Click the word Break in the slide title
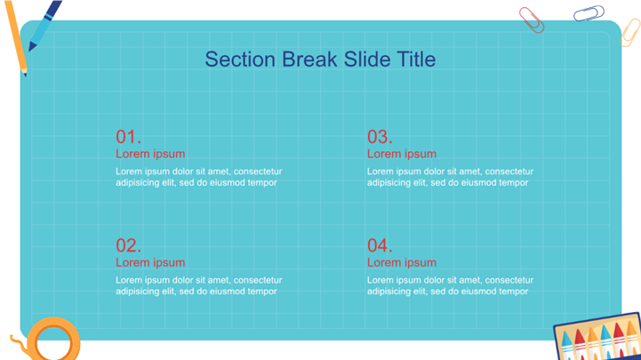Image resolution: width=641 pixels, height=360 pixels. coord(309,60)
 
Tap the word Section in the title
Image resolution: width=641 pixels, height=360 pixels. coord(240,60)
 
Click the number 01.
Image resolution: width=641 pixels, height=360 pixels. coord(128,137)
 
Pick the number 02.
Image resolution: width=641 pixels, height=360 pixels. coord(128,245)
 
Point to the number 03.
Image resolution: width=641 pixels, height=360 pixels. coord(380,137)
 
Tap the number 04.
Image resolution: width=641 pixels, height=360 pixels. coord(380,245)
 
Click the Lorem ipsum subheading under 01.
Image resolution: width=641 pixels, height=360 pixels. coord(150,154)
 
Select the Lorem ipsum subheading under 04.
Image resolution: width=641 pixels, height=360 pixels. coord(402,263)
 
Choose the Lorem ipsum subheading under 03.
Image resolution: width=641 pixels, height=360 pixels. coord(402,154)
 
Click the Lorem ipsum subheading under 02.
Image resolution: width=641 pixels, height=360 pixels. coord(150,263)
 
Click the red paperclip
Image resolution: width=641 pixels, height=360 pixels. coord(532,20)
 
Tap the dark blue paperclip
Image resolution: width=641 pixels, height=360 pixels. coord(589,13)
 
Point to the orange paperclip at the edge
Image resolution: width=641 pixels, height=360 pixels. coord(630,33)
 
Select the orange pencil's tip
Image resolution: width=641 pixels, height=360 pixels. coord(26,76)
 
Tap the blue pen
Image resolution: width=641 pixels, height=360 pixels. coord(45,26)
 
